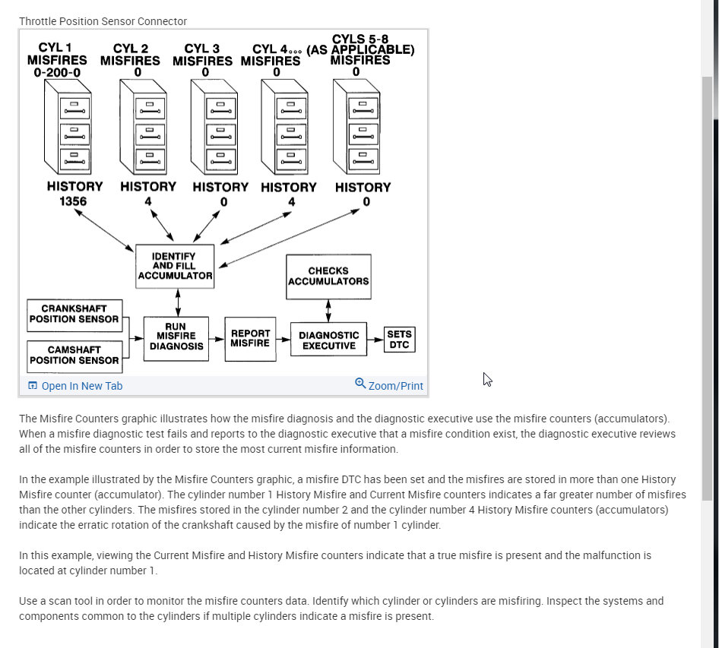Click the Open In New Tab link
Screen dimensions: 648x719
(75, 386)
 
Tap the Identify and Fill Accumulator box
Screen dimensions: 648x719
(174, 267)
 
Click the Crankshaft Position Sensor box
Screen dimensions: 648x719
(74, 315)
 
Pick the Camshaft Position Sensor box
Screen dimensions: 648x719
(74, 356)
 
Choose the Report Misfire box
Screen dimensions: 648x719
(250, 338)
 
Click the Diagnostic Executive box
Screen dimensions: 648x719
(328, 340)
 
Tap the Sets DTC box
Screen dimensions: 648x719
(399, 340)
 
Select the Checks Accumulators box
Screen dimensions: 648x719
(328, 276)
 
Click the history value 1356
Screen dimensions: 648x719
(74, 202)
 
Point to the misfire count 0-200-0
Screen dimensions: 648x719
(56, 73)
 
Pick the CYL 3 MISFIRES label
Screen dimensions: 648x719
(202, 55)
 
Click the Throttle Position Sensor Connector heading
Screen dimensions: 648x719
(103, 21)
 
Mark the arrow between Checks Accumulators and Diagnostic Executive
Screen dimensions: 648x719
(328, 309)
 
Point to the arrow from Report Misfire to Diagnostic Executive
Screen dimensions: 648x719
(282, 340)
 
